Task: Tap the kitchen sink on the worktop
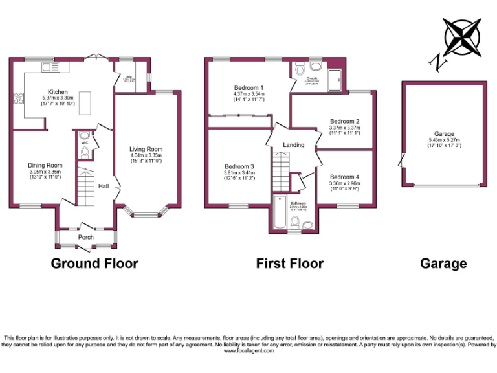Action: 50,67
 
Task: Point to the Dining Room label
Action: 45,166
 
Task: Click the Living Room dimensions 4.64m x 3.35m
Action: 146,155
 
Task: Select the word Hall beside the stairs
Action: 104,186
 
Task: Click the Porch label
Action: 85,237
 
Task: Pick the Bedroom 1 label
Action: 248,87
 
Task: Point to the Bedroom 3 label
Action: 239,166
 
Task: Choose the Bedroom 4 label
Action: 344,177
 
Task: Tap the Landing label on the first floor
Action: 294,145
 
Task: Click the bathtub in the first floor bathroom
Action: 280,212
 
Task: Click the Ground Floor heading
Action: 94,264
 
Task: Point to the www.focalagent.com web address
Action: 248,351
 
